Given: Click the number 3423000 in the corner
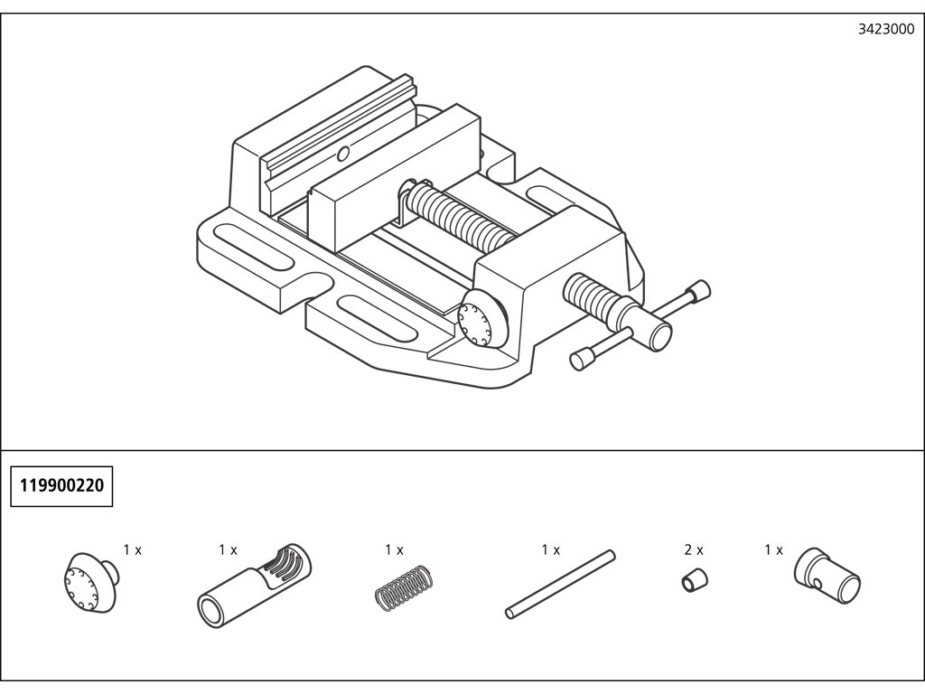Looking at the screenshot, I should pos(884,29).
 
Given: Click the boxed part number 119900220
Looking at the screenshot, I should pos(61,486).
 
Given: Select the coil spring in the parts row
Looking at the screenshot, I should pos(399,587).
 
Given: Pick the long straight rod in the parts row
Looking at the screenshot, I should pos(560,584).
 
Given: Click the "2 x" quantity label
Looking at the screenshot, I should pos(694,549).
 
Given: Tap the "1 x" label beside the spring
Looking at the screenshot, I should pos(394,549).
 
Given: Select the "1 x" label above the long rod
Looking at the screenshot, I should pos(551,549).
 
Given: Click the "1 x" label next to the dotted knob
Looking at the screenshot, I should pos(133,549).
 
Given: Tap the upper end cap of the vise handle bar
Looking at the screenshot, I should pos(698,291).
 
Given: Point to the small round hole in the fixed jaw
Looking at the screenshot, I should pos(342,154).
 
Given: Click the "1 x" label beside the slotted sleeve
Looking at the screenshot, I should pos(228,549).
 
